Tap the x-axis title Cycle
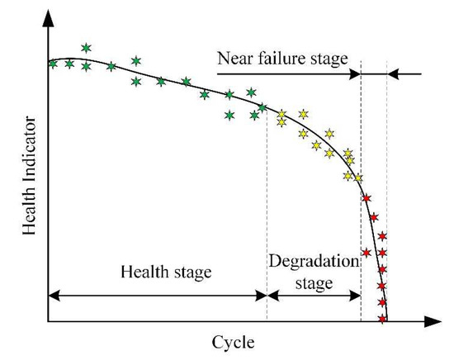click(234, 341)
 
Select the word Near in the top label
click(235, 59)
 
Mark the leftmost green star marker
click(54, 64)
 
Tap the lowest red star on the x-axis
click(382, 319)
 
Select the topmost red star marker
click(367, 198)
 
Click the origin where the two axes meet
click(48, 320)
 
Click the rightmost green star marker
click(263, 107)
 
